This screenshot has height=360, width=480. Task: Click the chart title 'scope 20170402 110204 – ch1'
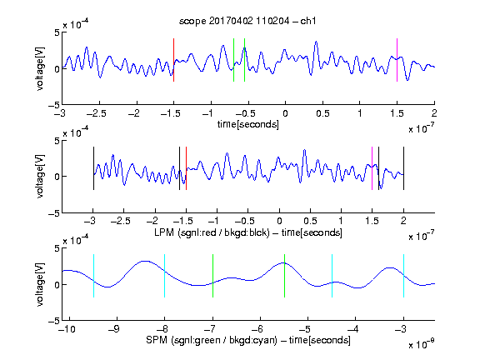(247, 21)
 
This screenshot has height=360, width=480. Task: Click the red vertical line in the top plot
(173, 60)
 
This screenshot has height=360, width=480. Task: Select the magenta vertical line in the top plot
(397, 60)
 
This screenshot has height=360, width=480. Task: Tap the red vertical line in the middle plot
(186, 168)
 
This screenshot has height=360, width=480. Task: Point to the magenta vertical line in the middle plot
(372, 168)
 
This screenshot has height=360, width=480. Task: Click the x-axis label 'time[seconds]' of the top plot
(248, 124)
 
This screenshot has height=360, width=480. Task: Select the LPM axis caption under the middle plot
(248, 232)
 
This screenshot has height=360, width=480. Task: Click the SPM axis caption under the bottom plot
(248, 340)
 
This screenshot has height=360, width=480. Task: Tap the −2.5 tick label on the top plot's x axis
(96, 113)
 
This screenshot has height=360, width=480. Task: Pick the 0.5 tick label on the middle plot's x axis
(310, 221)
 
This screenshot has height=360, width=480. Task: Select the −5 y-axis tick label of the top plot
(54, 105)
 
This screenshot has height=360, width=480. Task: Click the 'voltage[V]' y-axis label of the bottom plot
(40, 284)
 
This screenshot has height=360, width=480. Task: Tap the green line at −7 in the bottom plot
(212, 276)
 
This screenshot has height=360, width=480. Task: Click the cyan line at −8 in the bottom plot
(165, 276)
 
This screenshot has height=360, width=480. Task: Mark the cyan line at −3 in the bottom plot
(404, 276)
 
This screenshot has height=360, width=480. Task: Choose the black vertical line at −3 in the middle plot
(93, 168)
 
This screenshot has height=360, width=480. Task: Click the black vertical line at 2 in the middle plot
(404, 168)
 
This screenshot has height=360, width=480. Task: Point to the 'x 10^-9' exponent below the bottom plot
(422, 344)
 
